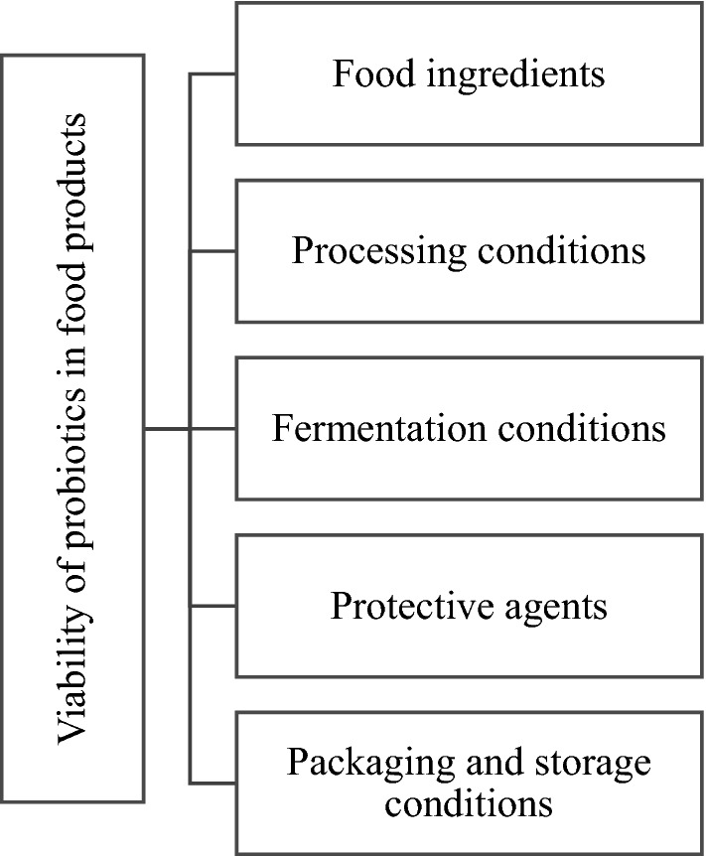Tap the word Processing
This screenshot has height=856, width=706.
point(372,251)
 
